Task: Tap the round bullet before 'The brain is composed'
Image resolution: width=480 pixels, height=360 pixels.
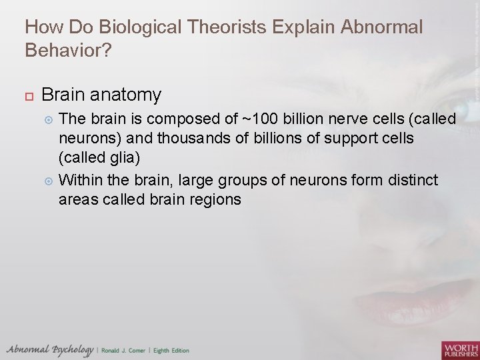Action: click(x=47, y=119)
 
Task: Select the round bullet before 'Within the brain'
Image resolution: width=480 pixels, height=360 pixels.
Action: click(x=47, y=180)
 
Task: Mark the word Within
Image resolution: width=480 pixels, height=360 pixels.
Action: click(x=80, y=179)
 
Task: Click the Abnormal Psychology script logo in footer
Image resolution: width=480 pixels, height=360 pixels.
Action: click(x=50, y=349)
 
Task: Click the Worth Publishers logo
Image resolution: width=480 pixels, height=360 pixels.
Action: click(x=459, y=349)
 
